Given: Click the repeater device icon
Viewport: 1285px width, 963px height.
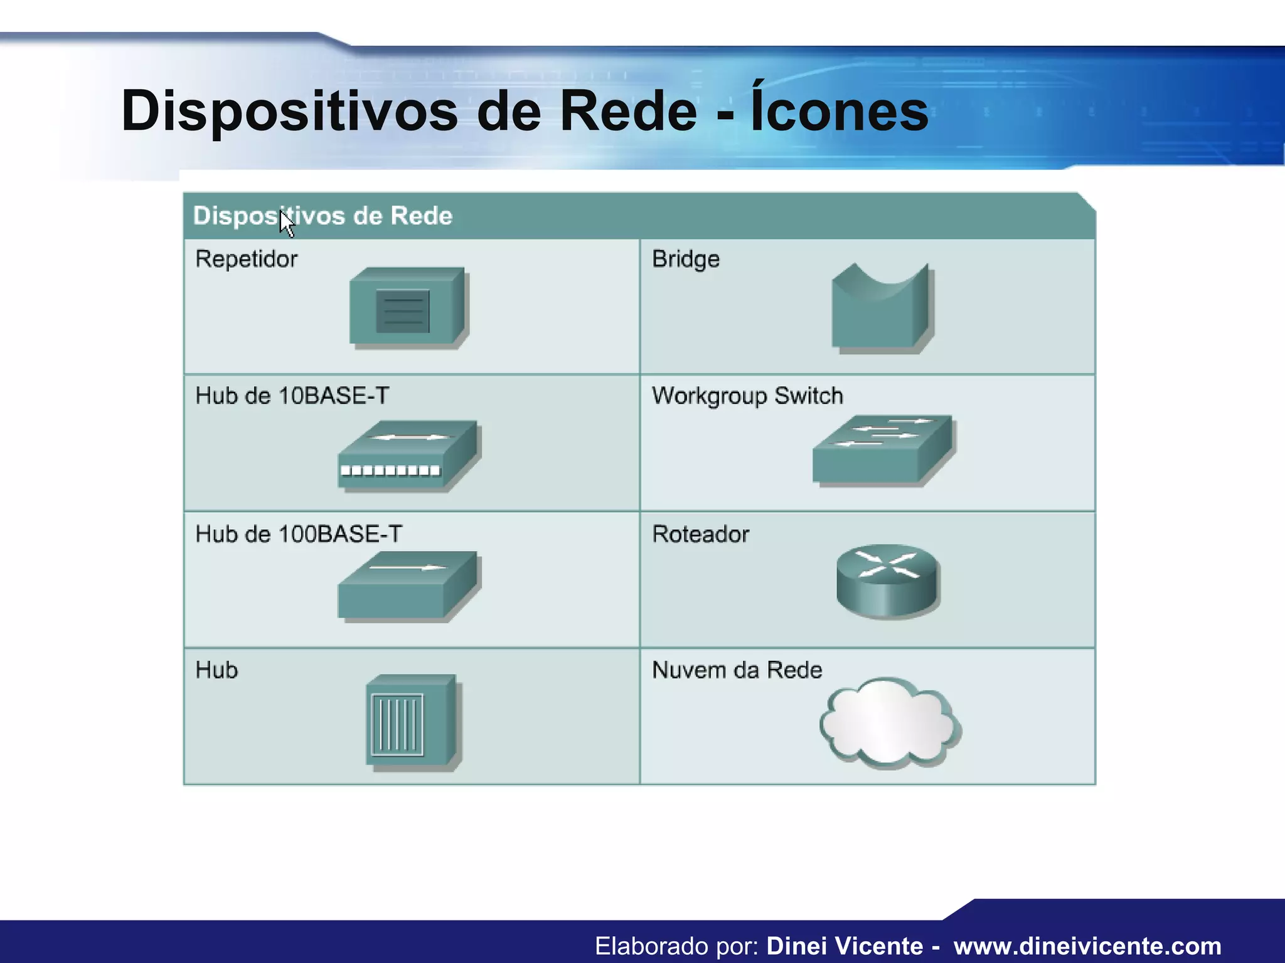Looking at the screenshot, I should (x=408, y=308).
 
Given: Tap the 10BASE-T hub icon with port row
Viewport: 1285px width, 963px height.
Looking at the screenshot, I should (x=408, y=456).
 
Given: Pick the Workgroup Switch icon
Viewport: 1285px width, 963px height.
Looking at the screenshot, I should (x=882, y=450).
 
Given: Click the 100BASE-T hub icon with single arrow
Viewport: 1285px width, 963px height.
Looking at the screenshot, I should (x=408, y=587).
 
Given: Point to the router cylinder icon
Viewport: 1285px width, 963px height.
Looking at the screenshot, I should (x=888, y=582).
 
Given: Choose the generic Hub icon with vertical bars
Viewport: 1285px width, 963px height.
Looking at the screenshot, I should (x=412, y=721).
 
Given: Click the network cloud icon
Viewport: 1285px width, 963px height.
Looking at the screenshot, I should (x=889, y=722).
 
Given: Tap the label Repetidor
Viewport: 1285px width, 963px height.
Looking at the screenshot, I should (x=246, y=259).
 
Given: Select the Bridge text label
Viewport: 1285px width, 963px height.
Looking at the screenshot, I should (x=686, y=259).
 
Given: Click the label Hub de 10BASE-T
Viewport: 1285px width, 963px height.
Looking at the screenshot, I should (x=292, y=396).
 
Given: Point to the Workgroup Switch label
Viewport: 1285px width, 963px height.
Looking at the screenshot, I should (x=747, y=396).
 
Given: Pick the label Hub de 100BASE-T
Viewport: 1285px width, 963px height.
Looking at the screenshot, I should (x=299, y=534).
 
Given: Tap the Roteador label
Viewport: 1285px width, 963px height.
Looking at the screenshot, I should (x=700, y=534).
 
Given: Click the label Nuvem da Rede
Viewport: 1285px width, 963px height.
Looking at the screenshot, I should (x=737, y=670).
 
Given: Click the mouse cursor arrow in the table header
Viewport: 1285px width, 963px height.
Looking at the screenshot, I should (x=286, y=223).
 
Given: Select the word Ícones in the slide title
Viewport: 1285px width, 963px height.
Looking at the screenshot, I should (x=840, y=110).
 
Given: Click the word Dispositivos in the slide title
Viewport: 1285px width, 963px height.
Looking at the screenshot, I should (x=289, y=112).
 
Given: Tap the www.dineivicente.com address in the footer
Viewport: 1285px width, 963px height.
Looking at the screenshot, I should (x=1087, y=945).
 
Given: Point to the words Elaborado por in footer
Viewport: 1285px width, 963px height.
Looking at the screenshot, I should (x=677, y=945).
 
